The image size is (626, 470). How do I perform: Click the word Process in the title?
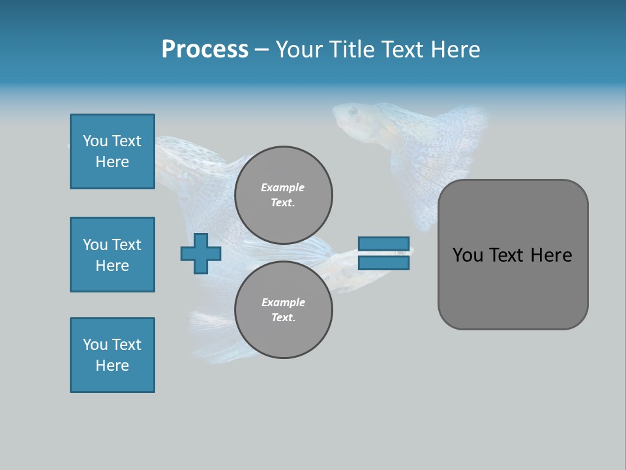[x=205, y=50]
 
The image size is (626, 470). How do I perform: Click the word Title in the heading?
[x=351, y=50]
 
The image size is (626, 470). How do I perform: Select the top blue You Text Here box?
[x=112, y=151]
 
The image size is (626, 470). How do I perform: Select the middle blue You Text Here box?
[x=112, y=255]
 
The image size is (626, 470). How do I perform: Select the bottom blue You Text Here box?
[x=112, y=355]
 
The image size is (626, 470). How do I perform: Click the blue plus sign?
[x=200, y=253]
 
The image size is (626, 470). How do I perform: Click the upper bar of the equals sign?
[x=383, y=244]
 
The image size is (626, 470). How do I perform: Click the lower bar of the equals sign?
[x=383, y=263]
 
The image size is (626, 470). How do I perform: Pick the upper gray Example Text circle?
[x=283, y=195]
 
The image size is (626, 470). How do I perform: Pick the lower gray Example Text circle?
[x=283, y=309]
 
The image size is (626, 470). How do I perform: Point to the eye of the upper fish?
[x=353, y=112]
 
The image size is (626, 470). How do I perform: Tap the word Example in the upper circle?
[x=282, y=187]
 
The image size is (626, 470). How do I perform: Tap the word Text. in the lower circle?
[x=283, y=317]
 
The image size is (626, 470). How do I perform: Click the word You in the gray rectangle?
[x=467, y=255]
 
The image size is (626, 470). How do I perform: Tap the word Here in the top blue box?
[x=112, y=162]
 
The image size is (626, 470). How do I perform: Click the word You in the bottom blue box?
[x=95, y=345]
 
